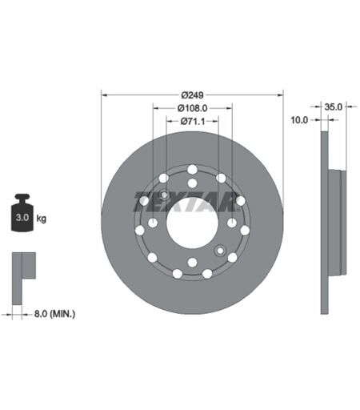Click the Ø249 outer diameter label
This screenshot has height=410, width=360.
[x=192, y=94]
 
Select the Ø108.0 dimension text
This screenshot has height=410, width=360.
[x=192, y=108]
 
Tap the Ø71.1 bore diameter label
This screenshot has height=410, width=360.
[x=193, y=122]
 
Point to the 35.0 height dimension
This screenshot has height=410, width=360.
[x=333, y=107]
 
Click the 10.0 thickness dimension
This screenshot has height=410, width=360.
[x=299, y=120]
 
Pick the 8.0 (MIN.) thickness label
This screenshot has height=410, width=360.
[x=54, y=314]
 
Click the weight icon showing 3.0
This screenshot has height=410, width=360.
[x=22, y=212]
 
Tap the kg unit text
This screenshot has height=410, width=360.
[x=41, y=219]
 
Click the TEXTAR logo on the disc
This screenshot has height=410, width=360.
[x=186, y=202]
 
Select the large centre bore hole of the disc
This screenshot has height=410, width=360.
[x=192, y=223]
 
